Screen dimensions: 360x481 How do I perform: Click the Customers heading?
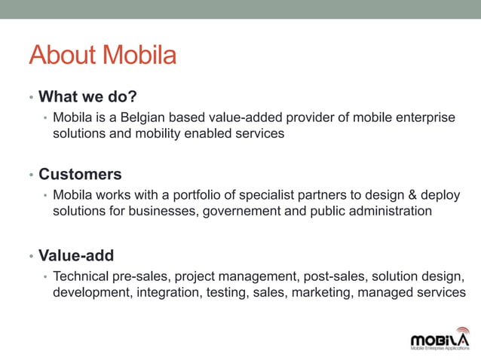point(80,174)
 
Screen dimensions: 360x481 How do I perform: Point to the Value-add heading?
point(76,255)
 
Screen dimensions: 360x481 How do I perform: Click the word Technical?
point(81,276)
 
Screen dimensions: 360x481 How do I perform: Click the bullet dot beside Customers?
point(32,175)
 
